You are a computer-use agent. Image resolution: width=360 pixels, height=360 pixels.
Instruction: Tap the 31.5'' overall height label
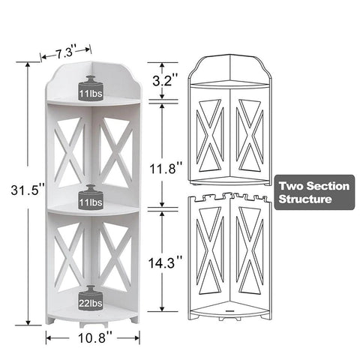tap(28, 190)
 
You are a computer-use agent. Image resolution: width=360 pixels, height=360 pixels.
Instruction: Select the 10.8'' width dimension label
tap(94, 338)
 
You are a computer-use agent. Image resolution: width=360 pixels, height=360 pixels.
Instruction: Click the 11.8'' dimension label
tap(165, 168)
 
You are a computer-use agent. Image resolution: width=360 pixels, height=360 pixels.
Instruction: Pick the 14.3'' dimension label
tap(165, 262)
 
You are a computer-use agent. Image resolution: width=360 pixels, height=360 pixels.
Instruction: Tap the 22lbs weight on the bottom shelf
tap(91, 298)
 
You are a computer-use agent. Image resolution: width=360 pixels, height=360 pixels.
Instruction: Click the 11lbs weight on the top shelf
tap(91, 88)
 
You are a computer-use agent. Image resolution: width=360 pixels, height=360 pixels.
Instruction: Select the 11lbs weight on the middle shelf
tap(91, 197)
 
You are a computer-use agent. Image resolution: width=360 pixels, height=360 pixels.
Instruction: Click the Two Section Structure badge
tap(314, 192)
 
